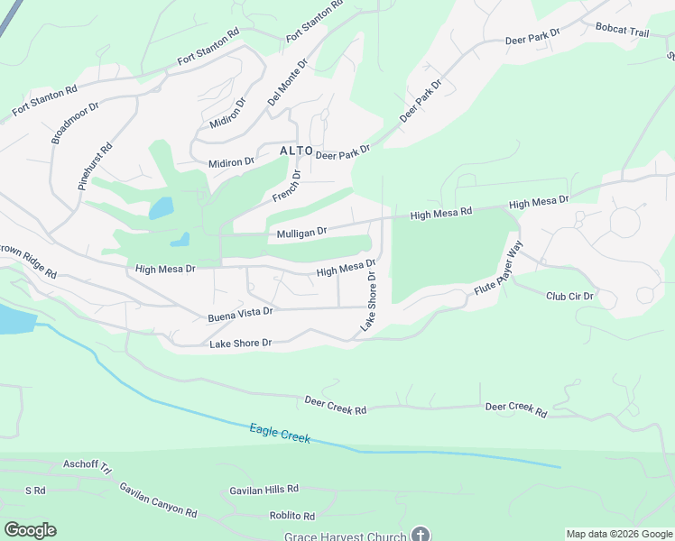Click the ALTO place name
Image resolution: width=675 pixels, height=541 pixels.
point(296,151)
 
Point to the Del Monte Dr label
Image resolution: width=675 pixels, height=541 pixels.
point(288,83)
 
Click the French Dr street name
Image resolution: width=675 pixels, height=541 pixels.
point(286,186)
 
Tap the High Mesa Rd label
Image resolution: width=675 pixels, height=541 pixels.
point(441,213)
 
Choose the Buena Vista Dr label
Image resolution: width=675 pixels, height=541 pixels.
point(240,313)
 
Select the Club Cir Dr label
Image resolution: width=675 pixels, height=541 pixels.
point(569,296)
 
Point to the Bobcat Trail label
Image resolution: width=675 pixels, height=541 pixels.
point(622,31)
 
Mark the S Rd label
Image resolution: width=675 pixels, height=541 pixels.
point(35,491)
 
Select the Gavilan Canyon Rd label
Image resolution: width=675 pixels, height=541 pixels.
point(158,499)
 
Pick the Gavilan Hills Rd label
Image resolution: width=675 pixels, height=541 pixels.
point(264,489)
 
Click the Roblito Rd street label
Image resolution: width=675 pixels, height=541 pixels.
point(284,517)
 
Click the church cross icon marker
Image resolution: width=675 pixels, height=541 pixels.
point(420,535)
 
